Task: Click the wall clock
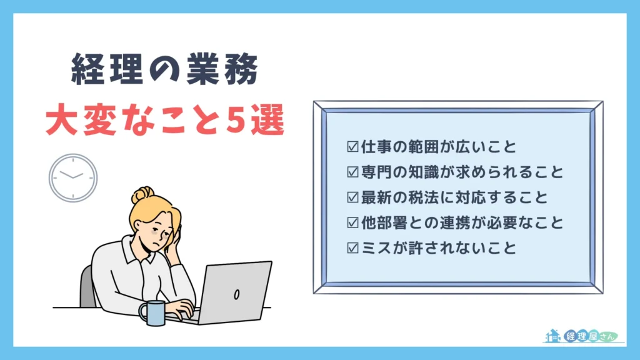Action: click(73, 177)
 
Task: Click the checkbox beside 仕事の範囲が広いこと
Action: click(352, 147)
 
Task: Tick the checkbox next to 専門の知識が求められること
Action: click(352, 172)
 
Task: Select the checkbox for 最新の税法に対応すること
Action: click(352, 197)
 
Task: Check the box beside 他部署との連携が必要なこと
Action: click(352, 222)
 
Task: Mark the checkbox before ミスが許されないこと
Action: click(352, 248)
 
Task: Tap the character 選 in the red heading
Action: click(267, 121)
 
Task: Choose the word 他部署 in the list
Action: click(384, 222)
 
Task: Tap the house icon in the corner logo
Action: click(552, 336)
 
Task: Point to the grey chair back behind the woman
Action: click(87, 287)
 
